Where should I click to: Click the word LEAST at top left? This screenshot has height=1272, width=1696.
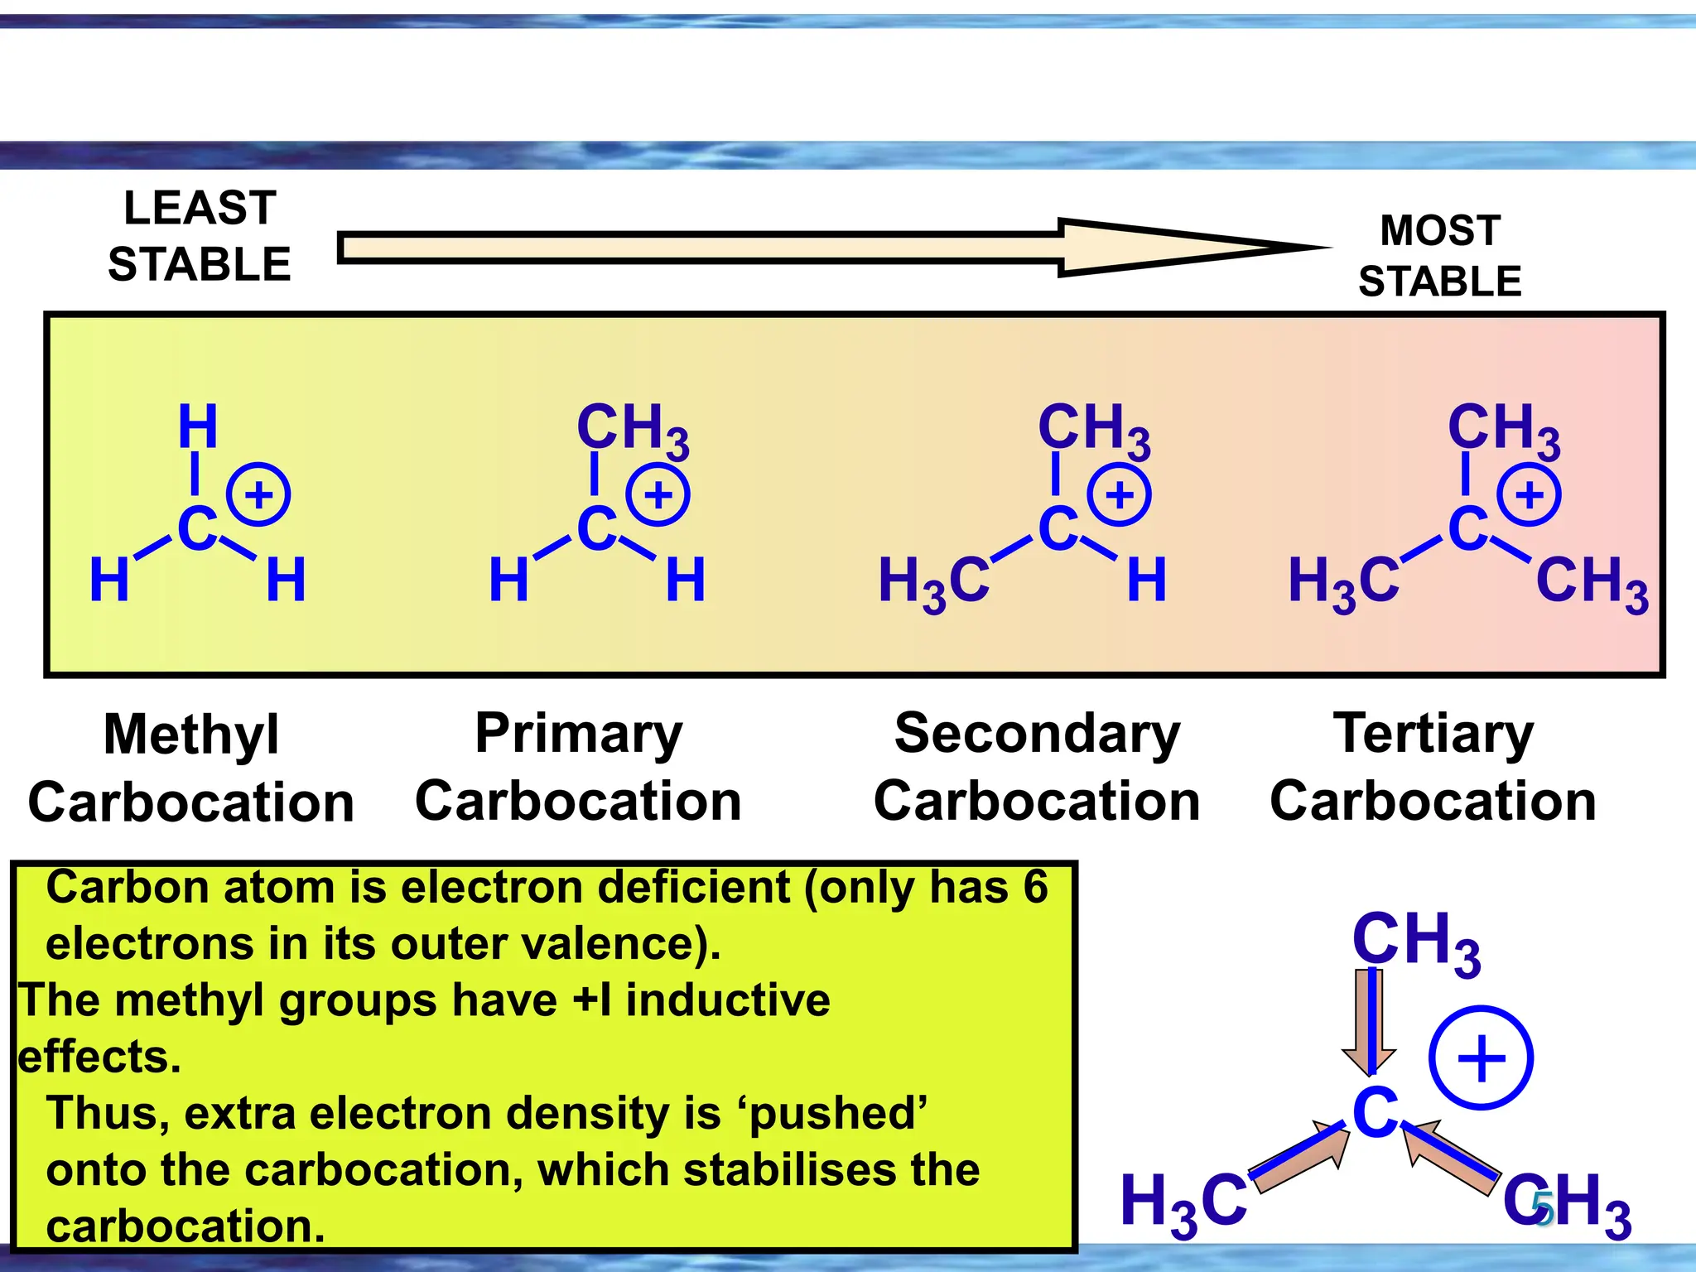click(x=200, y=208)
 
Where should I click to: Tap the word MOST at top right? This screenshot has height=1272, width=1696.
click(x=1440, y=230)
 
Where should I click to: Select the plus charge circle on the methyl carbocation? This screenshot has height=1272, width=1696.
click(x=258, y=495)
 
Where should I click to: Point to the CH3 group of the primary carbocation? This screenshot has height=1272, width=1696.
click(x=632, y=430)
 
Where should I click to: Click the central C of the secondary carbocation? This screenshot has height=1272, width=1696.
click(x=1058, y=529)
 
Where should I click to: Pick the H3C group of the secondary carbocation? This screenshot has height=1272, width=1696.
click(x=933, y=582)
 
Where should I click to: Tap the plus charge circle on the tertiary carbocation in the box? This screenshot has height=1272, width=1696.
click(x=1529, y=495)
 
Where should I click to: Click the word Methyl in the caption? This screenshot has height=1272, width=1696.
click(x=191, y=735)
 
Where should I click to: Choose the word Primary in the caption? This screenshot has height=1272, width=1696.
click(x=578, y=734)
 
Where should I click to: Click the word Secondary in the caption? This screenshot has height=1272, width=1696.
click(x=1037, y=734)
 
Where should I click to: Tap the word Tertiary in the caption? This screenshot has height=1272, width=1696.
click(x=1433, y=734)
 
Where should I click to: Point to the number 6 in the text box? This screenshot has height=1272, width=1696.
click(x=1035, y=887)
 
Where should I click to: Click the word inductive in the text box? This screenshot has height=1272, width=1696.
click(x=727, y=1000)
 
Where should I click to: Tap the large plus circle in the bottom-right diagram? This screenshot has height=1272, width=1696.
click(x=1481, y=1058)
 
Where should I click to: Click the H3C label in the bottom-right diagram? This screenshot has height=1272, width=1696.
click(x=1183, y=1203)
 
